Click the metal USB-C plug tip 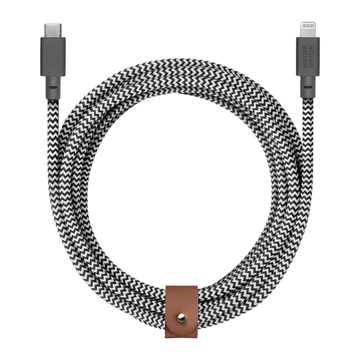pos(53,31)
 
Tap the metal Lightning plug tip pos(308,29)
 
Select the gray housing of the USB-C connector pos(53,56)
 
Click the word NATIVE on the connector pos(305,56)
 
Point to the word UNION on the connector pos(311,56)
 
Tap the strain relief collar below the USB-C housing pos(53,88)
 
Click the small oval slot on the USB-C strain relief pos(53,88)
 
